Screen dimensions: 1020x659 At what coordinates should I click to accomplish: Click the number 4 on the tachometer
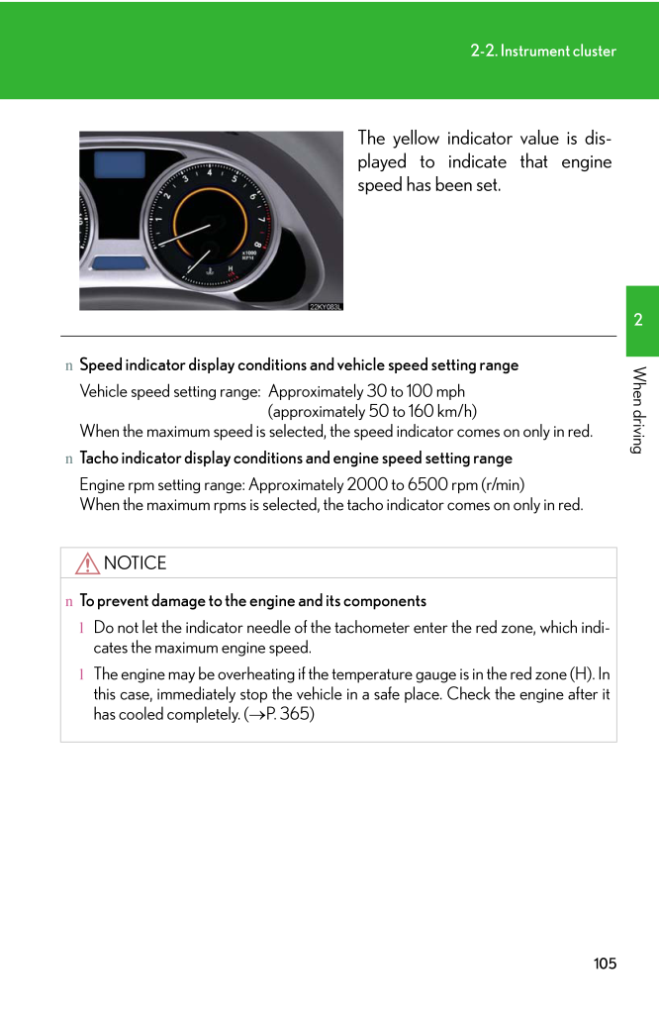(x=209, y=171)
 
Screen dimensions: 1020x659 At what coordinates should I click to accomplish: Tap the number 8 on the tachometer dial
(x=258, y=245)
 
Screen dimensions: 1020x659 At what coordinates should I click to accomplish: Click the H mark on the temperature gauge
(x=232, y=269)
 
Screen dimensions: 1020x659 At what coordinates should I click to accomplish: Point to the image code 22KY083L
(x=325, y=306)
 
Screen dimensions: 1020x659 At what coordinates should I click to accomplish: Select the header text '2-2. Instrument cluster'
(x=543, y=51)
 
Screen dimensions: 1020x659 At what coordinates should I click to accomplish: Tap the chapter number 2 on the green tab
(x=639, y=320)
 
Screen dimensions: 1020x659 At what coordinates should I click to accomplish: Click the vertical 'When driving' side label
(x=639, y=409)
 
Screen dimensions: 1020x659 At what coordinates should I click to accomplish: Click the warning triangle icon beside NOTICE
(x=87, y=563)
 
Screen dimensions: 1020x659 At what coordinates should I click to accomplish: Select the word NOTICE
(x=135, y=563)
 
